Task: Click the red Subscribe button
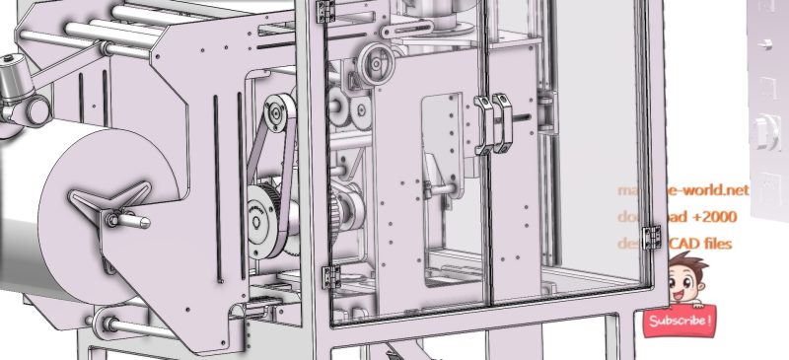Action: click(679, 322)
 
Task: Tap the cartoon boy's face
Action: click(683, 280)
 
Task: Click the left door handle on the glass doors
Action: click(482, 125)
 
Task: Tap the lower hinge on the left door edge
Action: click(330, 278)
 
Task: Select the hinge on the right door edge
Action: click(651, 238)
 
